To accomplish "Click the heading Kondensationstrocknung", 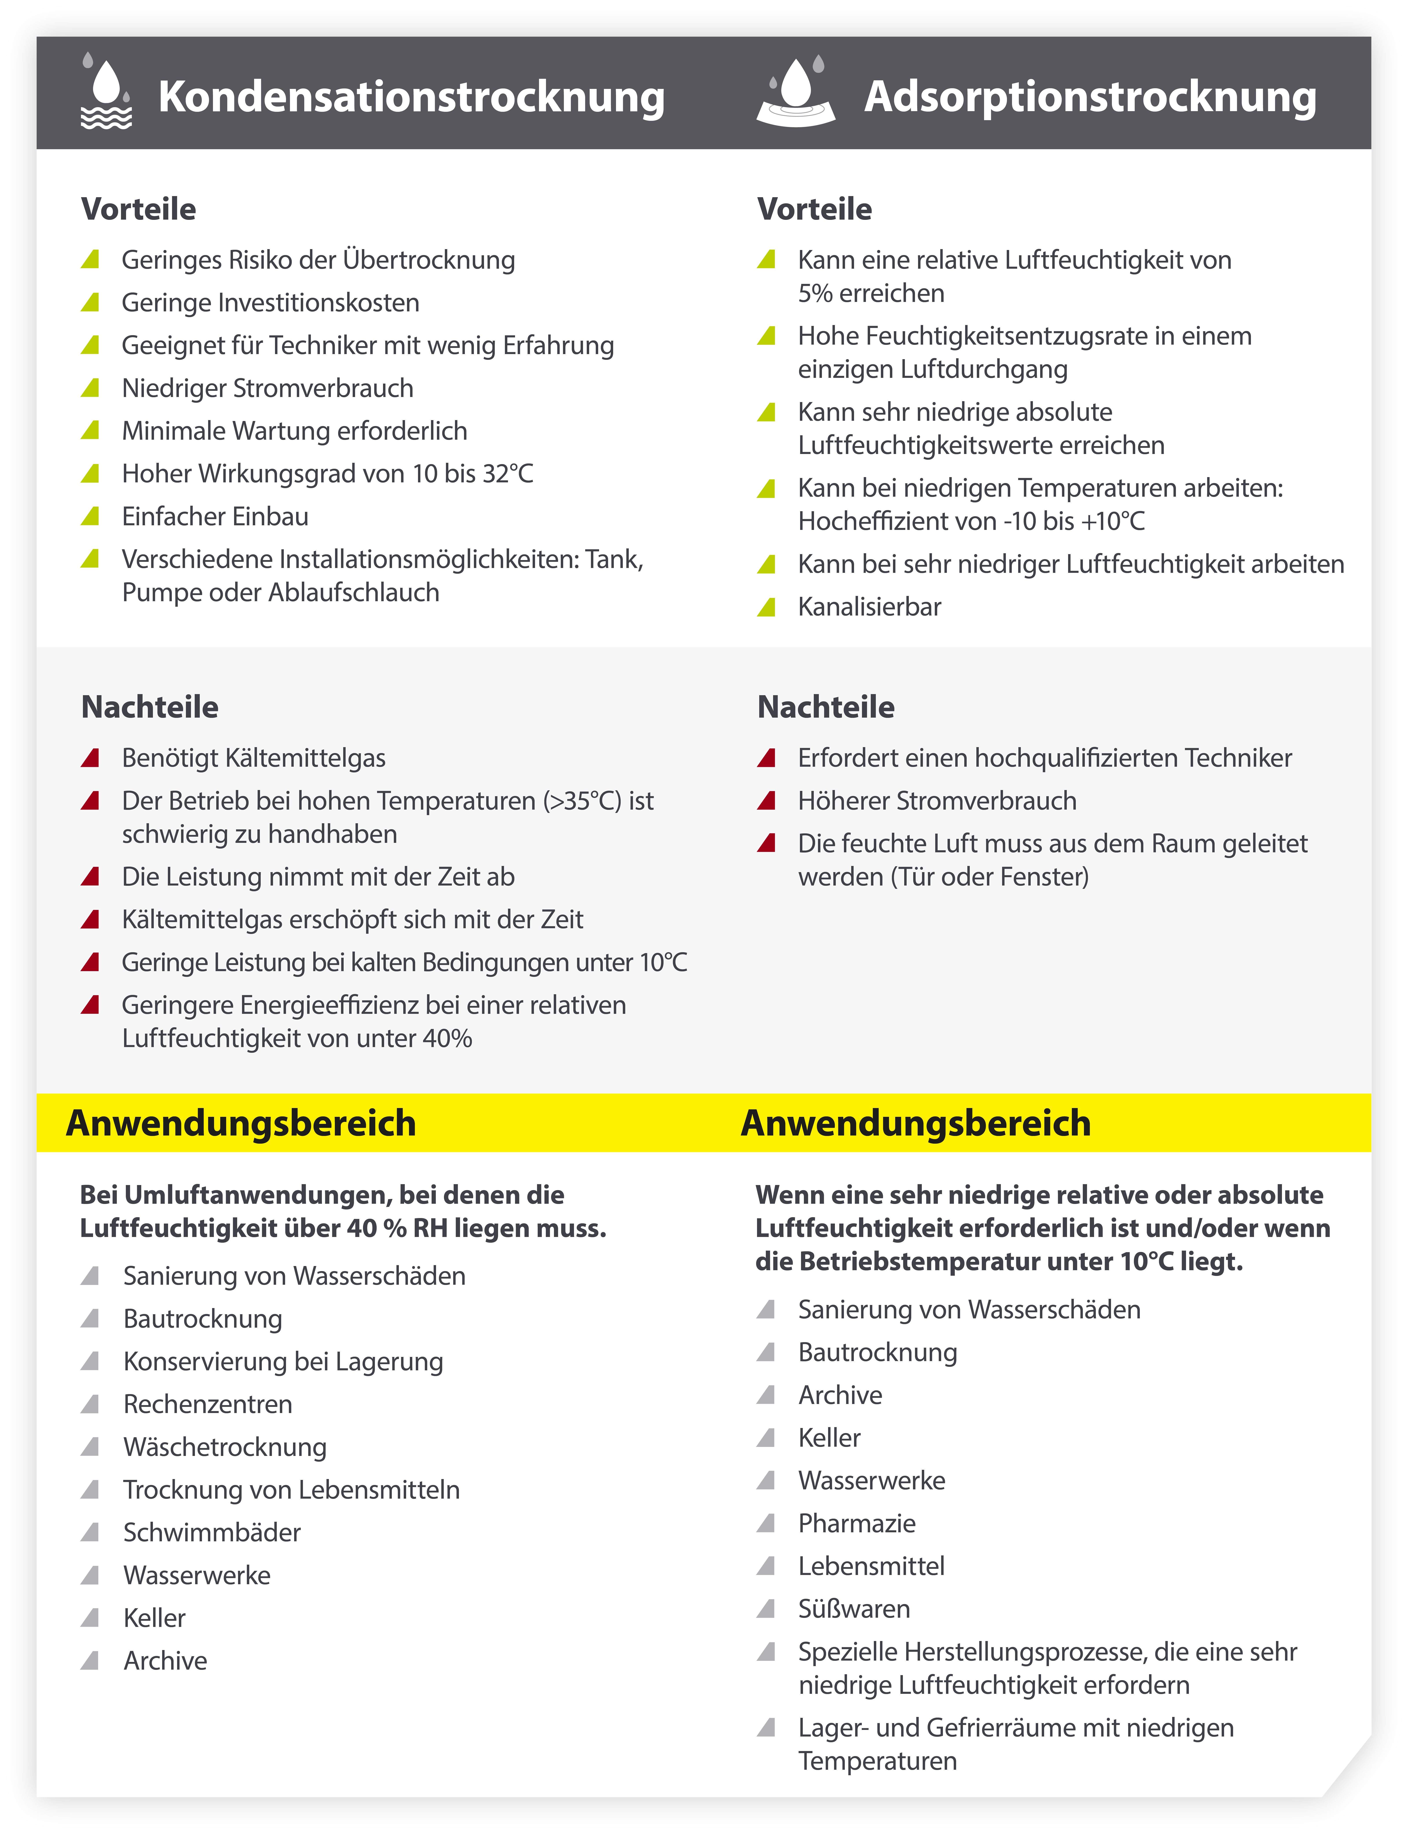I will (411, 96).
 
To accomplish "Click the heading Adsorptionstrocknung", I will (1089, 96).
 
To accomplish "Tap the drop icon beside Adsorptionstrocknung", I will (796, 92).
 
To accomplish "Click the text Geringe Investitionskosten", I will (270, 303).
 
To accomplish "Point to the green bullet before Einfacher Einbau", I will (90, 516).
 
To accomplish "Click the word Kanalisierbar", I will (869, 607).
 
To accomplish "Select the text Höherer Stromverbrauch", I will (937, 801).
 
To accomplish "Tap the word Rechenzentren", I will (208, 1404).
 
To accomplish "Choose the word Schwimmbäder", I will (212, 1532).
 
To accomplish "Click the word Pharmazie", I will (856, 1523).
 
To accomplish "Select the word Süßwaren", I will (854, 1608).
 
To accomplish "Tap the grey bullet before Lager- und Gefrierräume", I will (766, 1727).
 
